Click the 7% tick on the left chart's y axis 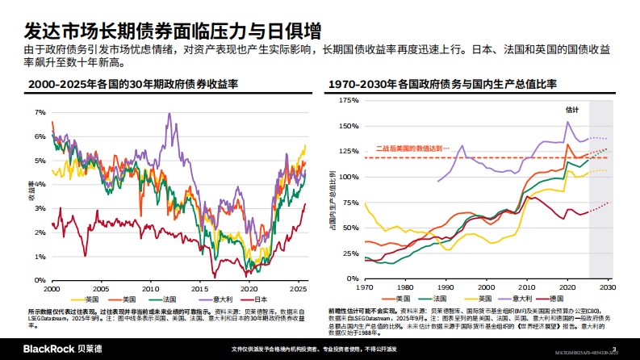[x=40, y=112]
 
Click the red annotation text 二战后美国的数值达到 [x=410, y=149]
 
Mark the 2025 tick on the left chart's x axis [x=298, y=288]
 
